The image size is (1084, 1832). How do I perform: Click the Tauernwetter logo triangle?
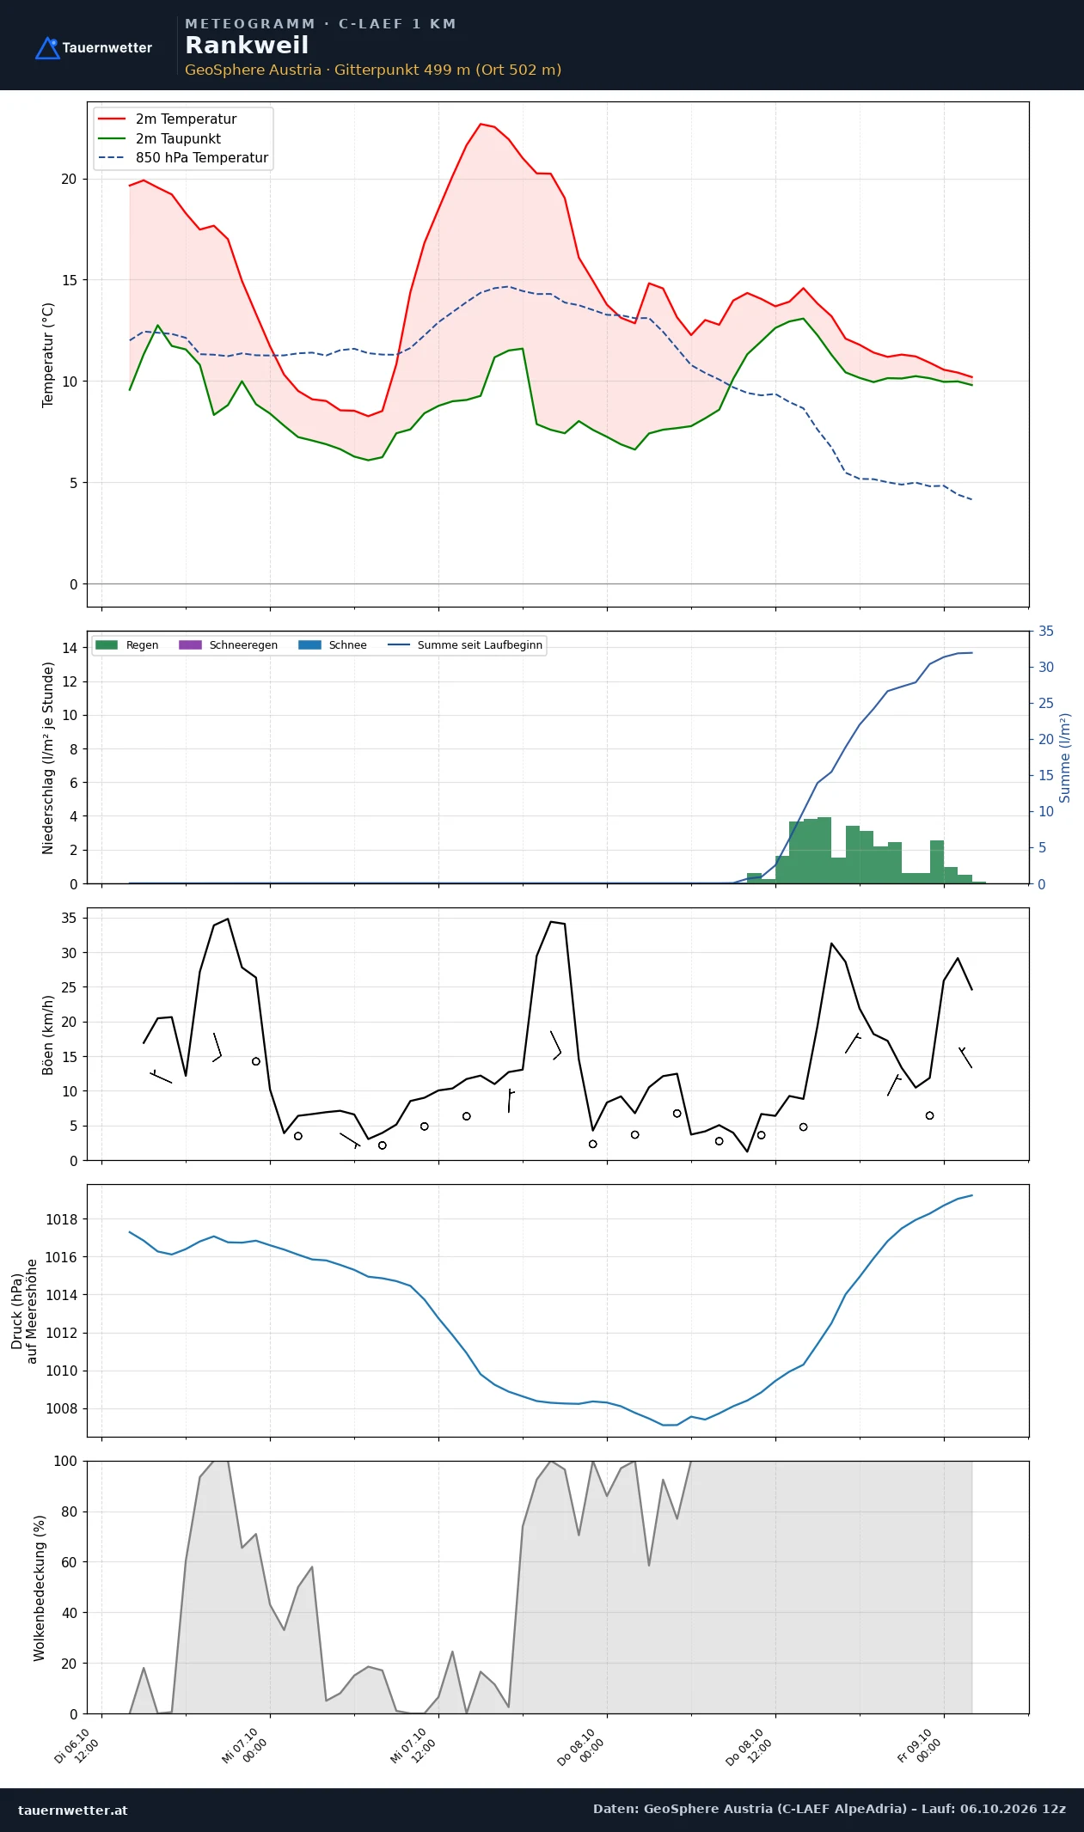point(47,48)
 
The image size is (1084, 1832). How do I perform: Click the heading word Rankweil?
point(247,46)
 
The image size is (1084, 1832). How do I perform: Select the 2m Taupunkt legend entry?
point(160,138)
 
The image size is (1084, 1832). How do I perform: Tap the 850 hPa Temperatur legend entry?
point(183,158)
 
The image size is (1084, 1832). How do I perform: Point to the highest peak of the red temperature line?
point(481,124)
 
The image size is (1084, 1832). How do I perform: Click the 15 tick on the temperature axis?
point(69,280)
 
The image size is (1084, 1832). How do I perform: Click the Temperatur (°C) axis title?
point(48,355)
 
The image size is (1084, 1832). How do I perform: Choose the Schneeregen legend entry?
point(228,645)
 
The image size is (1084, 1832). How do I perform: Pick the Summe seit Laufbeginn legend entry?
point(465,645)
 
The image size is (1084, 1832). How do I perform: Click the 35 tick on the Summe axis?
point(1046,631)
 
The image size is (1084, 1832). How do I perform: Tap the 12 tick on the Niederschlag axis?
point(70,681)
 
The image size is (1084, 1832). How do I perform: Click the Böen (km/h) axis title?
point(48,1035)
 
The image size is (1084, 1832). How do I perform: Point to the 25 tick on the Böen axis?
point(70,987)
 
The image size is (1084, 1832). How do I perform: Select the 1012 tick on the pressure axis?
point(61,1333)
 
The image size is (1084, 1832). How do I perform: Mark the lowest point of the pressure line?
point(670,1425)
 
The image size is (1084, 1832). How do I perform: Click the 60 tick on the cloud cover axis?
point(70,1562)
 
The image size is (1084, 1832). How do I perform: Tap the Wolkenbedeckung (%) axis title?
point(40,1588)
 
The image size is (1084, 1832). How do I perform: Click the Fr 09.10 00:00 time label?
point(919,1746)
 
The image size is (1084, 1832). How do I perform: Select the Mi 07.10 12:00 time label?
point(413,1746)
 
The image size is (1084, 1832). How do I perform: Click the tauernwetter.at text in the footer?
point(73,1810)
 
